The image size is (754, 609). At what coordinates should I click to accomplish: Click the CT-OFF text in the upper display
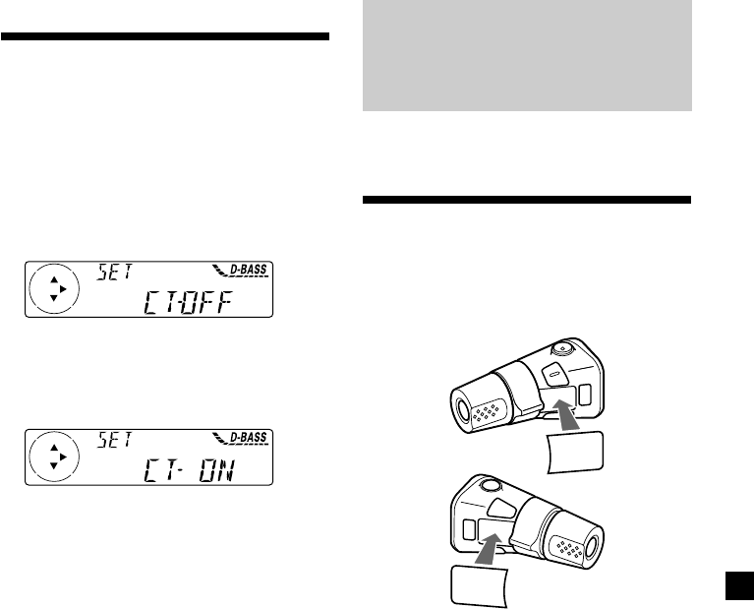(x=188, y=302)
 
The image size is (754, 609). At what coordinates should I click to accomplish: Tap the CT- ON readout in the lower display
(x=189, y=470)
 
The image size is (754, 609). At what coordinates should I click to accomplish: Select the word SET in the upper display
(x=114, y=272)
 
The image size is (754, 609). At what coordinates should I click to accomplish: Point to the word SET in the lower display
(x=114, y=440)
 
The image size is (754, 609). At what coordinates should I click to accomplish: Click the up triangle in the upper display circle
(x=54, y=279)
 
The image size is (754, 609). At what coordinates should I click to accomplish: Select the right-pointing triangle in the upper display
(x=63, y=289)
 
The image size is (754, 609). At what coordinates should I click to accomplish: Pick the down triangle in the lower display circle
(x=54, y=466)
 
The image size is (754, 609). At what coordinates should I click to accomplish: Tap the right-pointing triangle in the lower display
(x=63, y=457)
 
